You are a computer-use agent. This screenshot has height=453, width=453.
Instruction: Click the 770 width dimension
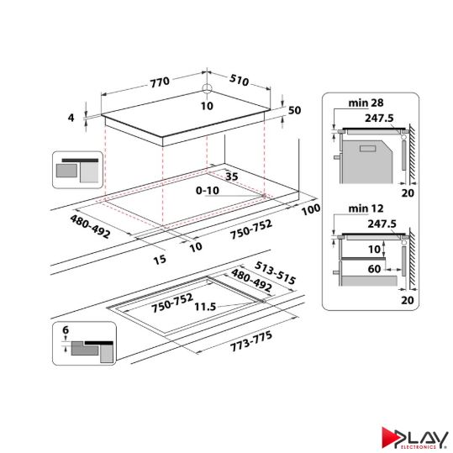point(160,82)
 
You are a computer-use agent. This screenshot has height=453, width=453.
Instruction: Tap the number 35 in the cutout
point(233,176)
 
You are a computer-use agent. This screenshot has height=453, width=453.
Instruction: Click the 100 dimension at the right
point(310,208)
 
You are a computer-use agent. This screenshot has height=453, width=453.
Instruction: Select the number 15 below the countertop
point(161,259)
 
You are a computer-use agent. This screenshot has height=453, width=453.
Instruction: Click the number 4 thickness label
point(72,119)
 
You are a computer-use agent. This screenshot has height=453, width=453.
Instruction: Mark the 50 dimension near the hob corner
point(294,110)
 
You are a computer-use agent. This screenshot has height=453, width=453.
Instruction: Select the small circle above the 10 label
point(208,92)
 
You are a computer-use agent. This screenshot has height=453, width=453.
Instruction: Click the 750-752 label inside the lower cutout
point(172,303)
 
